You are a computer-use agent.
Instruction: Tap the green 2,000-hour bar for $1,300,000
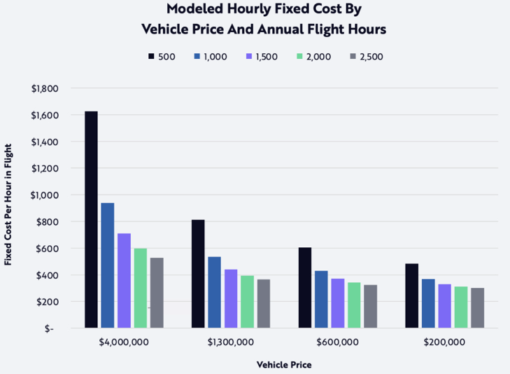pyautogui.click(x=247, y=301)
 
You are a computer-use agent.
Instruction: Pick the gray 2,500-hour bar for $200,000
pyautogui.click(x=477, y=307)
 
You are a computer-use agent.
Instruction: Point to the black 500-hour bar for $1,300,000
pyautogui.click(x=198, y=273)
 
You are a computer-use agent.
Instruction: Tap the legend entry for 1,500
pyautogui.click(x=262, y=56)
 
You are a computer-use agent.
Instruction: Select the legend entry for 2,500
pyautogui.click(x=371, y=56)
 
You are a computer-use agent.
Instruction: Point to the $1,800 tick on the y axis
pyautogui.click(x=44, y=89)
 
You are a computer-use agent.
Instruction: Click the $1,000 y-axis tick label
pyautogui.click(x=44, y=195)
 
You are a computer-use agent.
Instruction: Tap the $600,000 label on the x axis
pyautogui.click(x=338, y=342)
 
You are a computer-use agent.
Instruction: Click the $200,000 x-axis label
pyautogui.click(x=444, y=342)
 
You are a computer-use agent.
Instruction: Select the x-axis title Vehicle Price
pyautogui.click(x=283, y=365)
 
